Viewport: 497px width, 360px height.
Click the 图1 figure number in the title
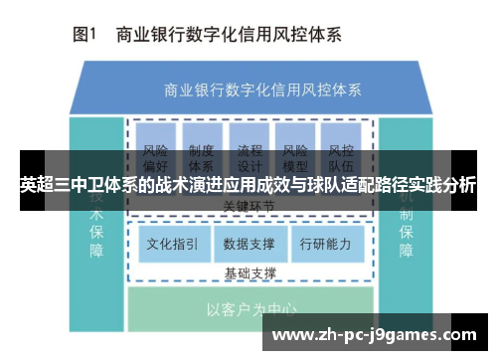click(x=83, y=35)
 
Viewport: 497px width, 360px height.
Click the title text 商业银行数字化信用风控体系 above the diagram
click(x=230, y=35)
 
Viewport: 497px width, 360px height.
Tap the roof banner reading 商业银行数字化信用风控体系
click(x=249, y=89)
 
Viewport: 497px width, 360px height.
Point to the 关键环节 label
click(x=249, y=206)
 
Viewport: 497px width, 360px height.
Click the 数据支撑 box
click(x=249, y=243)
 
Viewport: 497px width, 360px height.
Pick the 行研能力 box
click(x=325, y=243)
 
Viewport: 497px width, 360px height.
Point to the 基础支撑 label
click(x=249, y=271)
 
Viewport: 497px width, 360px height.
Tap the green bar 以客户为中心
click(x=249, y=309)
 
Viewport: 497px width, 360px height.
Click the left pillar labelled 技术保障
click(x=96, y=224)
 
